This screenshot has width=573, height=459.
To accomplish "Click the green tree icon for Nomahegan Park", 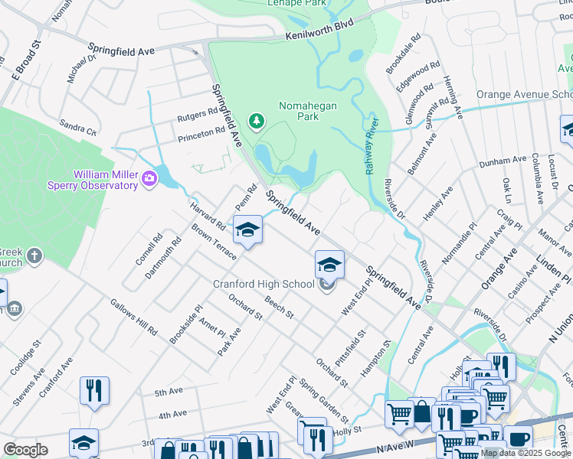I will [256, 121].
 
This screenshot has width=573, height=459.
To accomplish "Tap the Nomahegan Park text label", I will [307, 112].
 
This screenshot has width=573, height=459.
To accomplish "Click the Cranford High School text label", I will [263, 285].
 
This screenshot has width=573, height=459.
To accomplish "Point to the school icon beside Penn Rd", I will [247, 230].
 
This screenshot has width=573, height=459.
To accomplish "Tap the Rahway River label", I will [372, 146].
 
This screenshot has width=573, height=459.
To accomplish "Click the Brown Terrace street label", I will [214, 241].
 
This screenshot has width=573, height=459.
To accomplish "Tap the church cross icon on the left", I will [34, 256].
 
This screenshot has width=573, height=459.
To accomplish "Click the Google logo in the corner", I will [25, 450].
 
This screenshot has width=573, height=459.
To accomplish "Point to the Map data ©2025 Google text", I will [526, 453].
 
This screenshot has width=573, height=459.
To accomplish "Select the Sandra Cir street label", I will [78, 127].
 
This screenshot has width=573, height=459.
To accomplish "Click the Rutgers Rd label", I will [198, 116].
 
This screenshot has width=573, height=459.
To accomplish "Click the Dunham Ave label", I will [499, 162].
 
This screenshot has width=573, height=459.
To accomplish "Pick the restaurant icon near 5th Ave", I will [94, 390].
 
